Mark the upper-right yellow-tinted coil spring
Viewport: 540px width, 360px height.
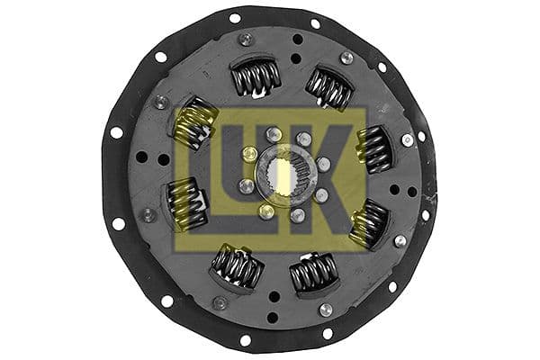coord(374,148)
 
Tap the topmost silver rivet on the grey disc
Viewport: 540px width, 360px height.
coord(246,40)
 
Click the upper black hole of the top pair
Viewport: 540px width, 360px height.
coord(298,40)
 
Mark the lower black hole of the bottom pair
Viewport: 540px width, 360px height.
coord(270,316)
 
